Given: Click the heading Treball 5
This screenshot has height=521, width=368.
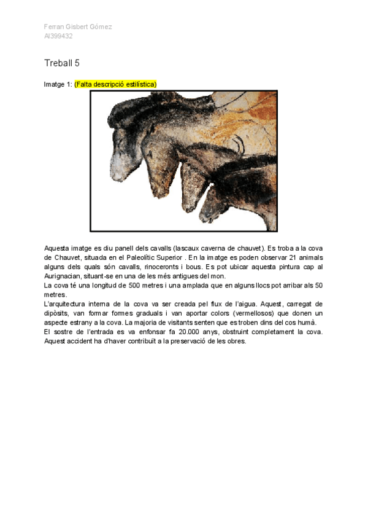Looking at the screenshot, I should (x=62, y=63).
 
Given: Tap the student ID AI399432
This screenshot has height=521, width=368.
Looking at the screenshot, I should (x=58, y=36).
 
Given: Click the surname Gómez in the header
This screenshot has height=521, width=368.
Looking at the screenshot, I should (x=101, y=27).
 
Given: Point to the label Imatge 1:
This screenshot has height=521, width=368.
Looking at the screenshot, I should (x=58, y=84).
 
